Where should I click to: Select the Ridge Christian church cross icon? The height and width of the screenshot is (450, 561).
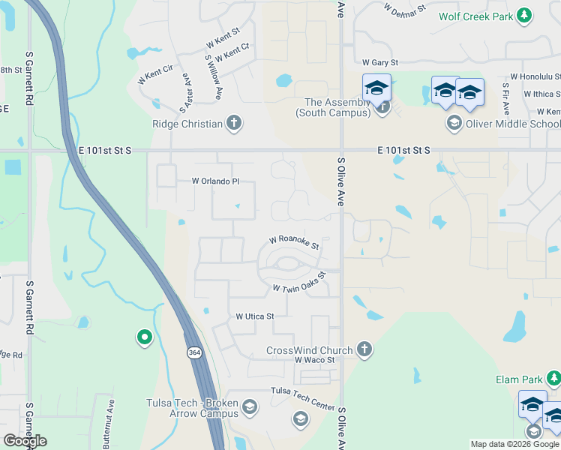pos(234,124)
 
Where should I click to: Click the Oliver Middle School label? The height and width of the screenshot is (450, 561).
pos(511,124)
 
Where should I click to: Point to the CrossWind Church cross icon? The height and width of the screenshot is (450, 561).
pos(364,349)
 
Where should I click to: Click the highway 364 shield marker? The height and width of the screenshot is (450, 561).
pos(194,352)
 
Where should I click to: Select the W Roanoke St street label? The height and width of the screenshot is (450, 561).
pos(295,242)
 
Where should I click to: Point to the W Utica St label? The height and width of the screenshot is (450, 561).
pos(255,317)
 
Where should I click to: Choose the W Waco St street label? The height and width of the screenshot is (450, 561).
pos(313,361)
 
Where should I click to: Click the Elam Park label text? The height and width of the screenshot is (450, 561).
pos(518,380)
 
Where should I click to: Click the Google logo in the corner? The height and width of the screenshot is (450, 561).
pos(25,441)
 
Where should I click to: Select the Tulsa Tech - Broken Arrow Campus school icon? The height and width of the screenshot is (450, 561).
pos(249,407)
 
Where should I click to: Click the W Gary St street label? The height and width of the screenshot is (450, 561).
pos(379,64)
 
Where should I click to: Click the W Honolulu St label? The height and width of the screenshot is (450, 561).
pos(535,76)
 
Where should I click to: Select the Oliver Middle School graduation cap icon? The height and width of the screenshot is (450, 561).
pos(453,123)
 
